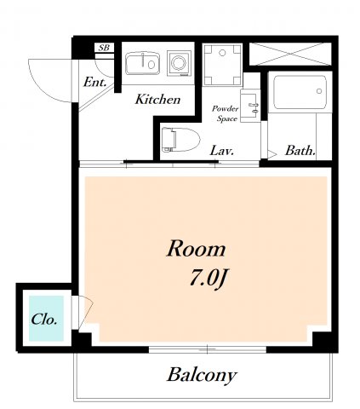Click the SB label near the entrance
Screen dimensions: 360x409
click(104, 48)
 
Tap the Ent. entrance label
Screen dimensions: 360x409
click(95, 83)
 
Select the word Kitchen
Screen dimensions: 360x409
click(157, 100)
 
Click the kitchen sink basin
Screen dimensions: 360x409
click(142, 63)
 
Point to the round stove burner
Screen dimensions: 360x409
click(179, 63)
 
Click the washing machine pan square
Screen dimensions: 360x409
click(222, 65)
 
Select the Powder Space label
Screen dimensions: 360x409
click(226, 113)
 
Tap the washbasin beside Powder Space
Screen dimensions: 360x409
click(250, 106)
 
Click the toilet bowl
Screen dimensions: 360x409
click(180, 140)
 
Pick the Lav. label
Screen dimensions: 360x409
click(221, 151)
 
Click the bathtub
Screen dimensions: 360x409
click(300, 92)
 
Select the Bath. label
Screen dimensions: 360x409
click(300, 151)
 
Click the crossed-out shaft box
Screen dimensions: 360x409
click(290, 54)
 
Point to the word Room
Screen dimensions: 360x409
click(197, 249)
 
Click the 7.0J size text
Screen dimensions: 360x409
click(208, 279)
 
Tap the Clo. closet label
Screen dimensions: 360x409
click(44, 320)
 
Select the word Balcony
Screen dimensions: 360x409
click(202, 376)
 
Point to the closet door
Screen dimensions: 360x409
click(85, 312)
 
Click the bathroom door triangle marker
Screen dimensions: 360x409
click(271, 154)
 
